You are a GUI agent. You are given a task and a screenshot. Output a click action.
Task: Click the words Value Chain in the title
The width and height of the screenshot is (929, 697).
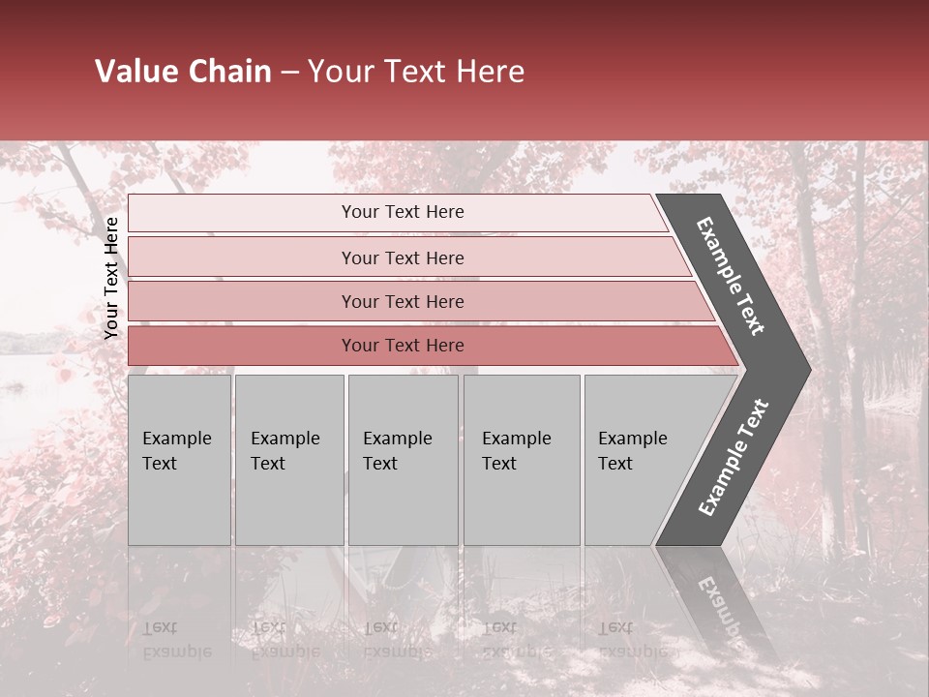click(183, 72)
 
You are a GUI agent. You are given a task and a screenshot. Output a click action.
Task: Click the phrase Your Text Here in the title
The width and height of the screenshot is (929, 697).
click(416, 72)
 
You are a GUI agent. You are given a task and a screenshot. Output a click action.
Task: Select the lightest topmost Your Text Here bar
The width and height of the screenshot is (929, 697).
click(402, 212)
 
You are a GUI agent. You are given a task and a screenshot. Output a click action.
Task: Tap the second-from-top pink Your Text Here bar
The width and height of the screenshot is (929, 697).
click(402, 258)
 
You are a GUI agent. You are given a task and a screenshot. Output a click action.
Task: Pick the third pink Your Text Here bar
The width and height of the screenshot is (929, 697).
click(402, 301)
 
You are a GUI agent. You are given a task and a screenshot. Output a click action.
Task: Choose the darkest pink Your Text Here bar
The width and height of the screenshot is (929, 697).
click(402, 346)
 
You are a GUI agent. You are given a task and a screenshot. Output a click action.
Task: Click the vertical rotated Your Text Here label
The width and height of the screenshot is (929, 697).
click(111, 278)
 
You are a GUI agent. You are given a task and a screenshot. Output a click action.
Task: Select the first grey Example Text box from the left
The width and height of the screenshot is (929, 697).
click(179, 460)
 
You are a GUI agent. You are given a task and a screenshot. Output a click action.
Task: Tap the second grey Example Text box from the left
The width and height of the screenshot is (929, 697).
click(288, 460)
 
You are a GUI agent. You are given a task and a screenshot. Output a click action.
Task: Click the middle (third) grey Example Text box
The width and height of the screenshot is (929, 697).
click(403, 460)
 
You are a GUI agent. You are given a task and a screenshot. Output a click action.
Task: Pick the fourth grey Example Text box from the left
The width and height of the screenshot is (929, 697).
click(521, 460)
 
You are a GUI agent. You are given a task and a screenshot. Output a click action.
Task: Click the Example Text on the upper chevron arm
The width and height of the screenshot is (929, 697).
click(731, 276)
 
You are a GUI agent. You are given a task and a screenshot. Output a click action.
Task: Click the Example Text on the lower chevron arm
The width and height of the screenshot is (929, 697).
click(734, 457)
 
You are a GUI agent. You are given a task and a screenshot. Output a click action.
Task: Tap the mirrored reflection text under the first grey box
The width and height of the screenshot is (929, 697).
click(176, 640)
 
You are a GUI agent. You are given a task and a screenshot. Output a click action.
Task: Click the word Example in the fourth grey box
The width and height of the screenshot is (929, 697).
click(517, 439)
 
